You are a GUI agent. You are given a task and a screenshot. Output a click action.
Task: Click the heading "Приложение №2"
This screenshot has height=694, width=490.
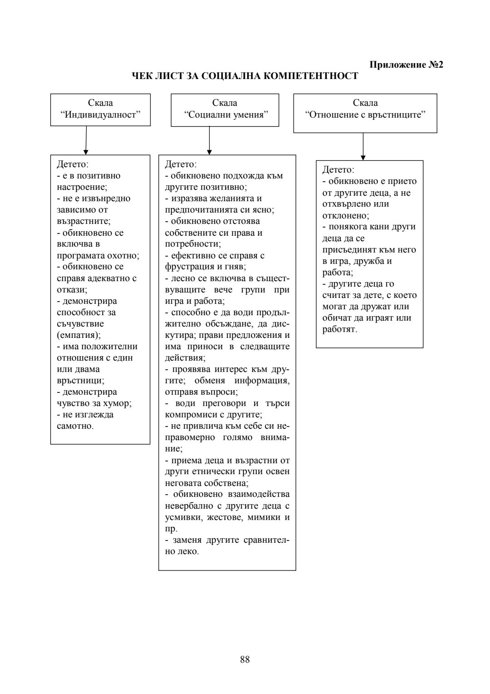click(406, 64)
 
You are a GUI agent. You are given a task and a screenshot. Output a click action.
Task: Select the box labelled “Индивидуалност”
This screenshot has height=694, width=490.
click(100, 109)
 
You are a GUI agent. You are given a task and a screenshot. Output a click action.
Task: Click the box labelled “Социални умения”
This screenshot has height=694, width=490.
click(225, 109)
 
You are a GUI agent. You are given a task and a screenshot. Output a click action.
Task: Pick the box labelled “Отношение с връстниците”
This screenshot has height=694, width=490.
click(365, 113)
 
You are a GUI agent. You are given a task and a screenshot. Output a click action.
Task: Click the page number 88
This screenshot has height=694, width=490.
click(245, 659)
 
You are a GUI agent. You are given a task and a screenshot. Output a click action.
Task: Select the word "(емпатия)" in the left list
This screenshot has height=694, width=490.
click(78, 335)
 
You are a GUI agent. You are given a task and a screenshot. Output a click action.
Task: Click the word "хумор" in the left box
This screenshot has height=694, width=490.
click(117, 403)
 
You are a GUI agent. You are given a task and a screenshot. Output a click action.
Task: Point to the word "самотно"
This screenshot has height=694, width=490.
click(74, 426)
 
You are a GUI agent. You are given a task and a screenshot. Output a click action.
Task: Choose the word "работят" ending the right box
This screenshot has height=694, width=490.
click(339, 329)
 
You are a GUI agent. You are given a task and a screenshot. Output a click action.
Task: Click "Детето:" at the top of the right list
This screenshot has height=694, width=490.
click(338, 170)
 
